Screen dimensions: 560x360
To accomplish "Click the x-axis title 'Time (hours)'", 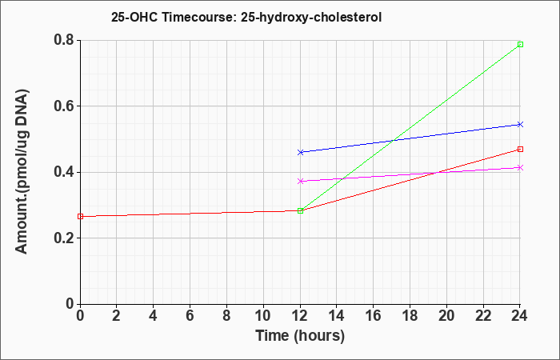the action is tap(300, 336).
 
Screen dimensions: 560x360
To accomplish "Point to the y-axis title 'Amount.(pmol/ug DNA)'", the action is tap(22, 171).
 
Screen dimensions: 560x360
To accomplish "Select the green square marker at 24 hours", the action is tap(520, 44).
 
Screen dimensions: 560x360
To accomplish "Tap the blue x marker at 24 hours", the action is tap(520, 124).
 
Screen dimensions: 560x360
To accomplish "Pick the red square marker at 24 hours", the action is tap(520, 149).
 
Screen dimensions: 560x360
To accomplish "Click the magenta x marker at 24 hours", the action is tap(520, 167).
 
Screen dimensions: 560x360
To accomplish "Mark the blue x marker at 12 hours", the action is tap(300, 152).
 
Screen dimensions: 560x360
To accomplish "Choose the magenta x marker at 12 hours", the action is tap(300, 181).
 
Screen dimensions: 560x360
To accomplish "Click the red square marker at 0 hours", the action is tap(80, 217).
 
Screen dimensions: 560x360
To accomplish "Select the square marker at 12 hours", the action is tap(300, 210).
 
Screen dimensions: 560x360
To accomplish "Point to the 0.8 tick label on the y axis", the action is tap(64, 40).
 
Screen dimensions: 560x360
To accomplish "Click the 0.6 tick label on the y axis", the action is tap(64, 106).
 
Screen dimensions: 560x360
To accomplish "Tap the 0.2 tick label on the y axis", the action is tap(64, 238).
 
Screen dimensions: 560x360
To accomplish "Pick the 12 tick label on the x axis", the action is tap(300, 316).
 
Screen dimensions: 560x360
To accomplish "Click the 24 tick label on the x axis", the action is tap(520, 316).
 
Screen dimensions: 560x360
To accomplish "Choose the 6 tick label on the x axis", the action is tap(190, 316).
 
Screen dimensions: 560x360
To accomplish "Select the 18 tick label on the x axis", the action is tap(410, 316).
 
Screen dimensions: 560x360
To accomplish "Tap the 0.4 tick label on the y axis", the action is tap(64, 172).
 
